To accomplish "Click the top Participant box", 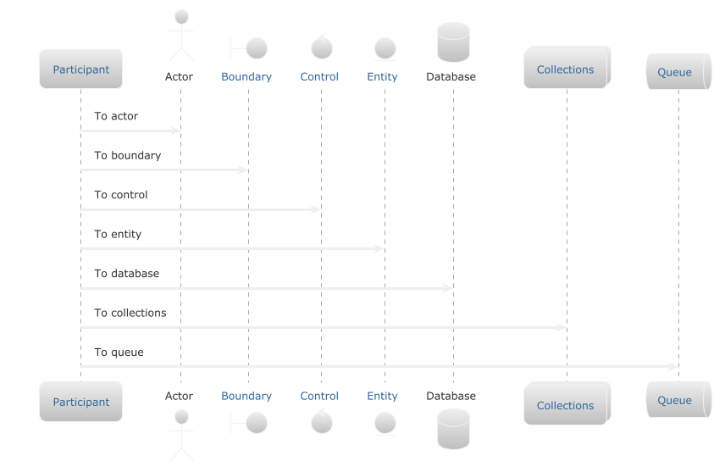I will click(81, 69).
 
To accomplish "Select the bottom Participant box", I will click(81, 402).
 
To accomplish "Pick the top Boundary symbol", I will click(248, 47).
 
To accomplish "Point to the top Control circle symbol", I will click(321, 46).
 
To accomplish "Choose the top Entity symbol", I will click(385, 48).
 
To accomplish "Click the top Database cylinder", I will click(453, 42).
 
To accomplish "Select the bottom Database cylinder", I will click(453, 429).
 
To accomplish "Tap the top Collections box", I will click(566, 69).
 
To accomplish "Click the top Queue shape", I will click(677, 72).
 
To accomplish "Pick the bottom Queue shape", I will click(677, 400).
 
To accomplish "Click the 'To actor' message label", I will click(116, 116).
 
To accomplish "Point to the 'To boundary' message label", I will click(127, 156).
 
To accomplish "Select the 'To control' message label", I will click(120, 195).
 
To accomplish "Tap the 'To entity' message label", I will click(118, 234).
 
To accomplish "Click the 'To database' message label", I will click(126, 274).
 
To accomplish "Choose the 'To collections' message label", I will click(130, 313).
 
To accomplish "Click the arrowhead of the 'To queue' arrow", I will click(673, 367).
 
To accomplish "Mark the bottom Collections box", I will click(566, 404).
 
